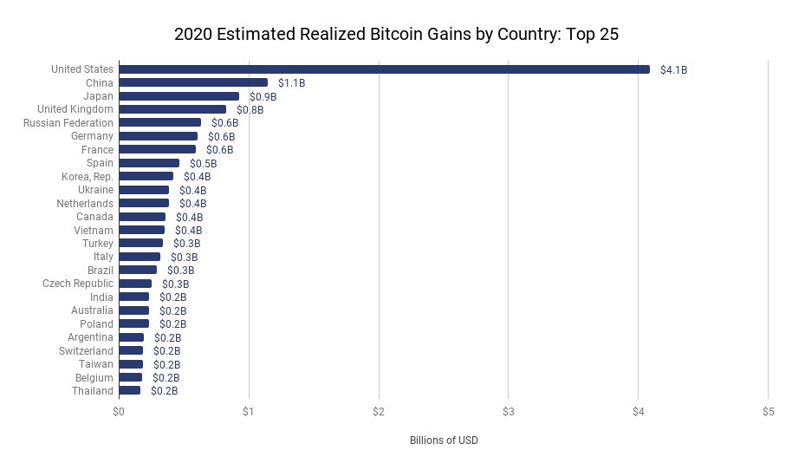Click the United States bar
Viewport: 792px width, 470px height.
pos(384,69)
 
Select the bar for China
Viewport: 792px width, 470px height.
pos(193,82)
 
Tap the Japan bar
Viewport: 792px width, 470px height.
pos(179,96)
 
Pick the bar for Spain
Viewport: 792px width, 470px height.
pos(149,163)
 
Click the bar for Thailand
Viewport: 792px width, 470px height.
pos(129,391)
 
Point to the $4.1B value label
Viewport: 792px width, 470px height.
pos(673,69)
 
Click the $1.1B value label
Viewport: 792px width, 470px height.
pos(291,83)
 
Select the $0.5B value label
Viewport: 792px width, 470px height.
pos(203,164)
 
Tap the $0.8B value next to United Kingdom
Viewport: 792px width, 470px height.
pos(250,110)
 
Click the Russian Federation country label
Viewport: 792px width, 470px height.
pos(68,123)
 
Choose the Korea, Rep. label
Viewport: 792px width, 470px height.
pos(88,176)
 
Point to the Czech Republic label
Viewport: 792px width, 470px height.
pos(78,284)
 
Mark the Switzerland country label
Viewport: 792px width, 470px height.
pos(86,350)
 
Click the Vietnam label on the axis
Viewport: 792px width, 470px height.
pos(94,230)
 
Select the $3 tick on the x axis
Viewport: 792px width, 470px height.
pos(509,411)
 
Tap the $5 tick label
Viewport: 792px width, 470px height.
pos(768,411)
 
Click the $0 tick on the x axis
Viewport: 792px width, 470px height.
pos(119,411)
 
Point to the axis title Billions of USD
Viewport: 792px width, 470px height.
pos(444,441)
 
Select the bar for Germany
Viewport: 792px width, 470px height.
pos(158,136)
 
